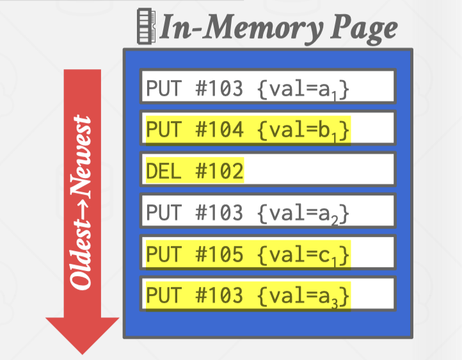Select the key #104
219,130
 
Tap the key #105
219,254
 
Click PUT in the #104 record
164,130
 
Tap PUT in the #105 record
164,254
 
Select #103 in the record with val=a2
219,213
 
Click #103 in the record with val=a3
219,295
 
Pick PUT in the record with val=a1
164,89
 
